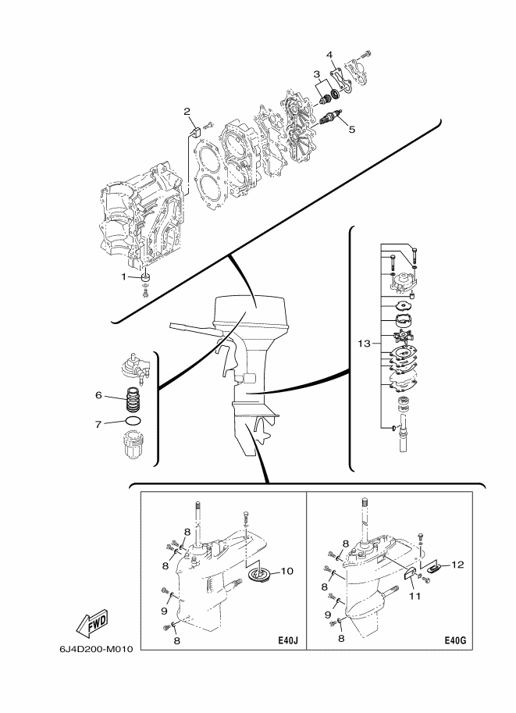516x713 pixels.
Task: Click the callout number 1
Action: point(123,276)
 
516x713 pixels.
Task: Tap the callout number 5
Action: point(351,129)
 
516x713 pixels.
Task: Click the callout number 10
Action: point(287,571)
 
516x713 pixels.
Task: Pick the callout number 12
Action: point(458,565)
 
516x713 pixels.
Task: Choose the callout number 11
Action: point(415,596)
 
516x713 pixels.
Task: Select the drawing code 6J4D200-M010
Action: point(96,649)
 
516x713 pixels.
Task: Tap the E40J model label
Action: point(288,641)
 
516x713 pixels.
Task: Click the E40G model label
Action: point(455,641)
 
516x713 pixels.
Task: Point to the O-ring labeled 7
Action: point(132,421)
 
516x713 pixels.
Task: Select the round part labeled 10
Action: point(261,575)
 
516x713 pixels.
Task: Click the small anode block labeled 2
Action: point(194,131)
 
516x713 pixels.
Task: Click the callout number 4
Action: point(329,55)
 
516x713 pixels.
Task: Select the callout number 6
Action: point(98,395)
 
